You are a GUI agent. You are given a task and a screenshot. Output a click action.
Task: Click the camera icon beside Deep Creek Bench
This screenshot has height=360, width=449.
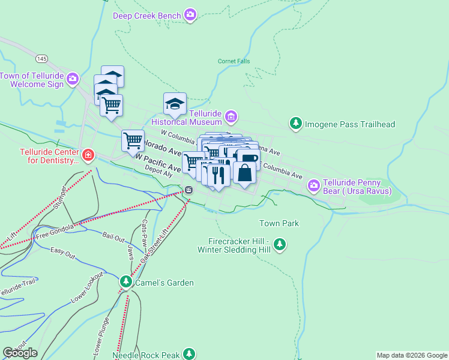pyautogui.click(x=190, y=14)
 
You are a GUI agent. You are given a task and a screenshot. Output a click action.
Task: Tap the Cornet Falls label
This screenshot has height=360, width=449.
pyautogui.click(x=234, y=61)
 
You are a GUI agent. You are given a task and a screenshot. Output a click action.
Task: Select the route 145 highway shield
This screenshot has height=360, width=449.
pyautogui.click(x=41, y=58)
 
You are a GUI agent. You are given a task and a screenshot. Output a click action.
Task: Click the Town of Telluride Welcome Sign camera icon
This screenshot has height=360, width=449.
pyautogui.click(x=73, y=79)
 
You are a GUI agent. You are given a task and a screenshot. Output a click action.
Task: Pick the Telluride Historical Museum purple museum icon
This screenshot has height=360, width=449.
pyautogui.click(x=232, y=116)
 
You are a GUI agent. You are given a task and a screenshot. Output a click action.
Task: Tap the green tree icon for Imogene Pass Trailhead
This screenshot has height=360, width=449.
pyautogui.click(x=295, y=124)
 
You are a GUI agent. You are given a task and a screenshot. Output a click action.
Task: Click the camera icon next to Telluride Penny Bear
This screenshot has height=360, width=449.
pyautogui.click(x=313, y=186)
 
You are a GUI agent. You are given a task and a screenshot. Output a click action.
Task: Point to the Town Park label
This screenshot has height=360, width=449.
pyautogui.click(x=279, y=223)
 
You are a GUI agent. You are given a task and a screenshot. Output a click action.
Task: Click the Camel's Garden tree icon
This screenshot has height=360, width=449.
pyautogui.click(x=125, y=281)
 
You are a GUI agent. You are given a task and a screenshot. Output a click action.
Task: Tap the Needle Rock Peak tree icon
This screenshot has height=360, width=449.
pyautogui.click(x=190, y=353)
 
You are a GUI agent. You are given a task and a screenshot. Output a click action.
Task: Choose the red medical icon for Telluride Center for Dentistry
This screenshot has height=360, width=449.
pyautogui.click(x=88, y=156)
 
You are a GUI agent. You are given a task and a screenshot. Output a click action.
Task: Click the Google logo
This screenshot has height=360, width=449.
pyautogui.click(x=20, y=353)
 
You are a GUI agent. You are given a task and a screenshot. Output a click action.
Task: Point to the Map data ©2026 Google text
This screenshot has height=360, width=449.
pyautogui.click(x=412, y=355)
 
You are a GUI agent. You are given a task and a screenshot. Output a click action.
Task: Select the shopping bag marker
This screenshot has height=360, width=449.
pyautogui.click(x=244, y=173)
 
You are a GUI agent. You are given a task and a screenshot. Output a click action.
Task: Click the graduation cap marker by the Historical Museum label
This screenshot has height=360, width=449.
pyautogui.click(x=175, y=104)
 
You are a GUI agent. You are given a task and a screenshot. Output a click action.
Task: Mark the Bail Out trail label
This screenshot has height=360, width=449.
pyautogui.click(x=115, y=235)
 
